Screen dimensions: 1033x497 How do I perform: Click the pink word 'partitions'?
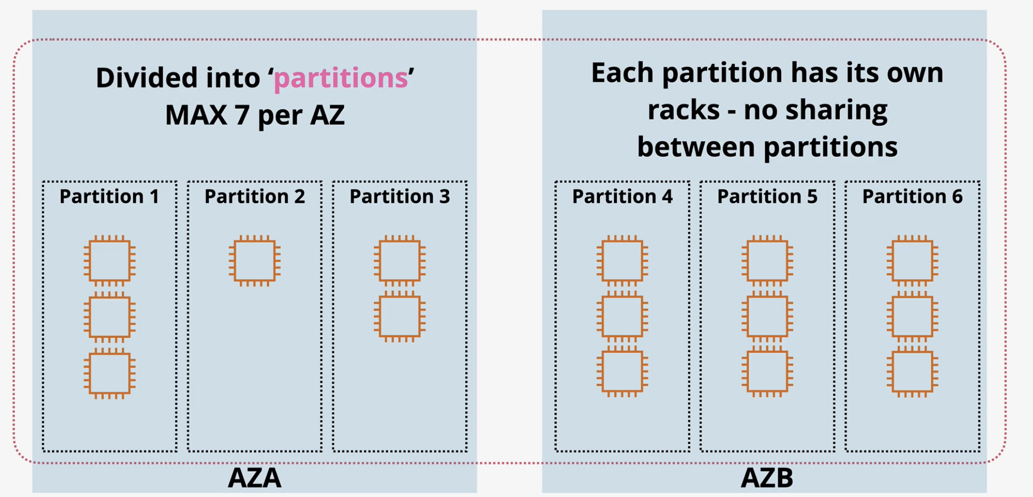(341, 78)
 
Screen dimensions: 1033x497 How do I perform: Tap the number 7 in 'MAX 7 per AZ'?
(242, 115)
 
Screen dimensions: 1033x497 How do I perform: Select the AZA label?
(255, 478)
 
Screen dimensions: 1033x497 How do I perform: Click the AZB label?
(767, 478)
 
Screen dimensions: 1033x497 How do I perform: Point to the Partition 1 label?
(109, 196)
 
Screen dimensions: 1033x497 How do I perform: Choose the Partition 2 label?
(255, 196)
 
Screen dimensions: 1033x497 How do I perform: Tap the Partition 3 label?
(400, 196)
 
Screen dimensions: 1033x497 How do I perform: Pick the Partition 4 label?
(622, 196)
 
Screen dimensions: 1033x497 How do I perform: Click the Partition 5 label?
(767, 196)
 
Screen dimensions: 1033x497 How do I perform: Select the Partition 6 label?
(913, 196)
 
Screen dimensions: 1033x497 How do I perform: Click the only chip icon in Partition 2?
(255, 261)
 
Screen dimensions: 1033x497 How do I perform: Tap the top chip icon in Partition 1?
(109, 261)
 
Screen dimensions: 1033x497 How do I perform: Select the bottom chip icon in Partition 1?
(109, 374)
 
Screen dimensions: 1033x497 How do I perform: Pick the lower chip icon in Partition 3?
(400, 317)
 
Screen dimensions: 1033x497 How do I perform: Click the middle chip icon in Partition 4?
(622, 317)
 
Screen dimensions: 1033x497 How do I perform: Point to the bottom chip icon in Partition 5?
(767, 372)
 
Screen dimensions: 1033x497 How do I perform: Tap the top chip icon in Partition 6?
(913, 261)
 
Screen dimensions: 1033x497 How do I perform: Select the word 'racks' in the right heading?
(684, 110)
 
